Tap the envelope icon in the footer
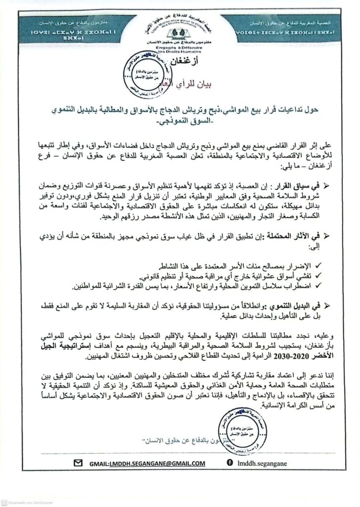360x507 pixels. pyautogui.click(x=78, y=462)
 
